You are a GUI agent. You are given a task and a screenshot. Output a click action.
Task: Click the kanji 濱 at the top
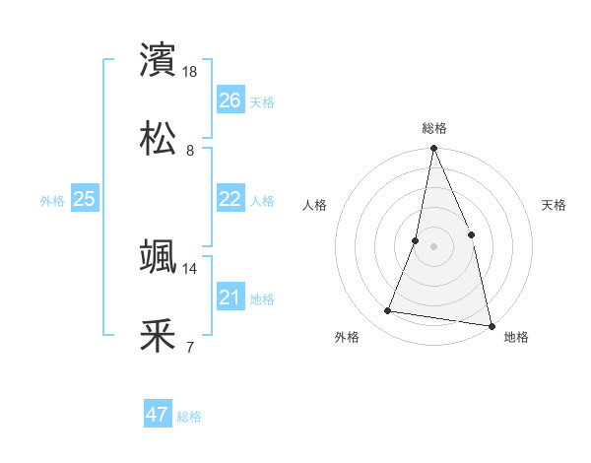[x=159, y=59]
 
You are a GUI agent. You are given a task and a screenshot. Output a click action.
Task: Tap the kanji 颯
[x=159, y=256]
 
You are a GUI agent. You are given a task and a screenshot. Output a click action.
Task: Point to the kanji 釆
[x=159, y=335]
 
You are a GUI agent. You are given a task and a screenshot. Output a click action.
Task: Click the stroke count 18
[x=191, y=72]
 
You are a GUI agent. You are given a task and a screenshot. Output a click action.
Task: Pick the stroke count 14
[x=190, y=268]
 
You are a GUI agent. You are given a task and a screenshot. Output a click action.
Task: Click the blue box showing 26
[x=230, y=100]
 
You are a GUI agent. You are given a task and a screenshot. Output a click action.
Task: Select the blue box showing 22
[x=230, y=199]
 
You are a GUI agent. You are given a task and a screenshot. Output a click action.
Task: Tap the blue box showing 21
[x=230, y=298]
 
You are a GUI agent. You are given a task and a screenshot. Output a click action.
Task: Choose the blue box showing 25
[x=84, y=199]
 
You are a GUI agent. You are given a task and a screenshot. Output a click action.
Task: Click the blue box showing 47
[x=157, y=415]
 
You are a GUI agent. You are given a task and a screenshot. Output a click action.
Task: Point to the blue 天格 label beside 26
[x=262, y=102]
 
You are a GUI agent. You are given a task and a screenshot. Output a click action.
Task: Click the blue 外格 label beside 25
[x=52, y=201]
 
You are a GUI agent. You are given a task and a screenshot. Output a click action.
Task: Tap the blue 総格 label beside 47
[x=189, y=417]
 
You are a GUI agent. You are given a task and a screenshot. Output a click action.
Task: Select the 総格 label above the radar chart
[x=434, y=128]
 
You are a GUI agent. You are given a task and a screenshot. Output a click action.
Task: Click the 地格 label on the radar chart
[x=516, y=337]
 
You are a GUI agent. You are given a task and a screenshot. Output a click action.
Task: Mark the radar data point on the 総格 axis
[x=433, y=150]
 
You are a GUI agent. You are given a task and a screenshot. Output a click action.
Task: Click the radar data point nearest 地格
[x=491, y=324]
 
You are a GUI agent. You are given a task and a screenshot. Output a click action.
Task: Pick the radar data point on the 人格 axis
[x=416, y=240]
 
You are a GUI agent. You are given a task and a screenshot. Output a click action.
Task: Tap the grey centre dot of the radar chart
[x=433, y=246]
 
